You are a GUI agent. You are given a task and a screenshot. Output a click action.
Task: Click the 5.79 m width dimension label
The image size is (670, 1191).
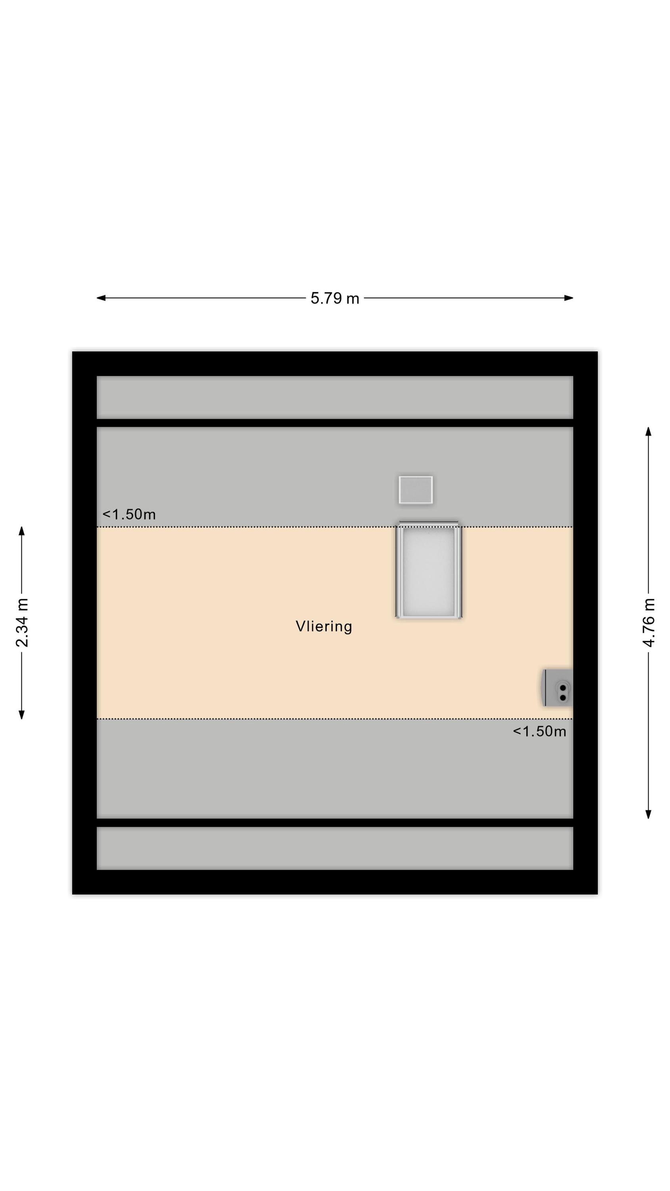pos(335,298)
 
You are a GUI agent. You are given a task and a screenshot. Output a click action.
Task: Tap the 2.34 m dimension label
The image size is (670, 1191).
pos(22,622)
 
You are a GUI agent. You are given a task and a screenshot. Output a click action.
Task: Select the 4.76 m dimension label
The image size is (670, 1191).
pos(648,622)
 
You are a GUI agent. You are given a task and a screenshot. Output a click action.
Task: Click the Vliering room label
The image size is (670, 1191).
pos(323,626)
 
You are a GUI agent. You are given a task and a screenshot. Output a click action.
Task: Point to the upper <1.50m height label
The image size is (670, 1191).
pos(129,514)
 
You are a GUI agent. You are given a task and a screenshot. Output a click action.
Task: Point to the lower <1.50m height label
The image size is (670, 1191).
pos(539,731)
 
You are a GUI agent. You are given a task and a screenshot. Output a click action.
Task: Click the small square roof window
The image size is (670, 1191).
pos(416,490)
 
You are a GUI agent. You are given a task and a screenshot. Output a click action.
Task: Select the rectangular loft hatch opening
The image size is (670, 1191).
pos(429,570)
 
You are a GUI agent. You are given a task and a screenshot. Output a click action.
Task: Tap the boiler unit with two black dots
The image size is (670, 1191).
pos(557,688)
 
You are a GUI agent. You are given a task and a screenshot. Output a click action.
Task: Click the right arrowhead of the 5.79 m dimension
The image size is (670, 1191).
pos(569,298)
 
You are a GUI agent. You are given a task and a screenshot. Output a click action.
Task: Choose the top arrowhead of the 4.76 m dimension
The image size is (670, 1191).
pos(648,432)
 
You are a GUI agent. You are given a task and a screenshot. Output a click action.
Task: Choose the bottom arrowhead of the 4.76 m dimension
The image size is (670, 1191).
pos(648,814)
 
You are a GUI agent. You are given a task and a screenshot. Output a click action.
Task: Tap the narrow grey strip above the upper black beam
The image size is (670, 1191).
pos(335,397)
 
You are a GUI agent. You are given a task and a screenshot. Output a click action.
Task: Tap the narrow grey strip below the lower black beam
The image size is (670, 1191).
pos(335,848)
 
